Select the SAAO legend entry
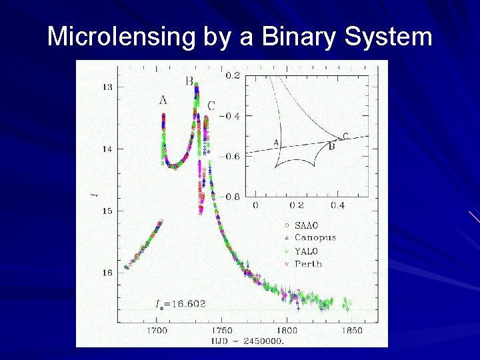click(308, 225)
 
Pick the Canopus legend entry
click(315, 237)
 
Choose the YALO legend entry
click(307, 251)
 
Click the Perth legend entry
click(308, 264)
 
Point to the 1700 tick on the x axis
click(157, 330)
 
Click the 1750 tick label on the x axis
click(222, 330)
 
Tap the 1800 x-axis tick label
click(287, 330)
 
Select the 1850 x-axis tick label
click(351, 330)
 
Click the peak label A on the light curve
click(163, 100)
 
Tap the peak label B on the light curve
click(189, 81)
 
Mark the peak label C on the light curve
click(211, 105)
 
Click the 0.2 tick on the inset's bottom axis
click(297, 206)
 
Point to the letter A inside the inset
click(276, 142)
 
